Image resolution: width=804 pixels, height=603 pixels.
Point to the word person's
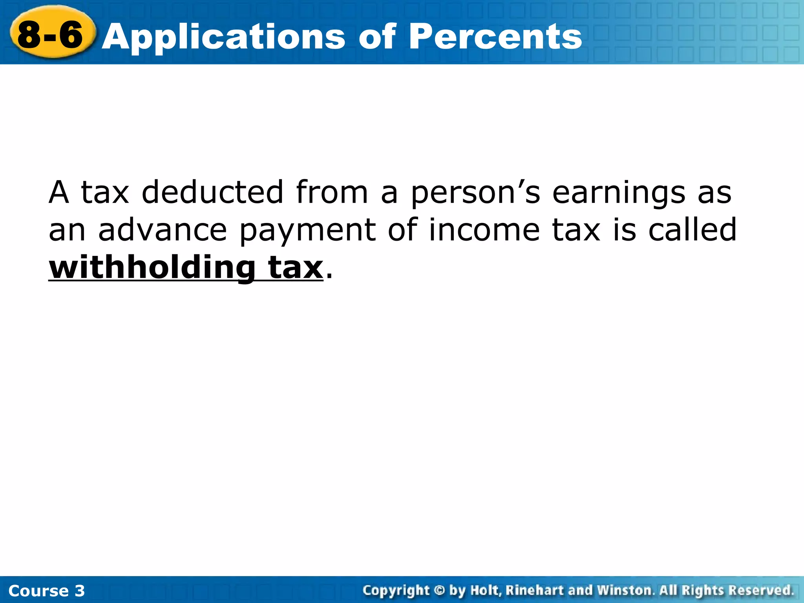click(475, 194)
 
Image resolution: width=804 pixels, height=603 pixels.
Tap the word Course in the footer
click(38, 591)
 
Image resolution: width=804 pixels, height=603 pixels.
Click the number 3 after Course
click(80, 591)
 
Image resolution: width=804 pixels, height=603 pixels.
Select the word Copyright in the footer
click(396, 591)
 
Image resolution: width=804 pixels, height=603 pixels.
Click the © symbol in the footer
click(439, 590)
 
